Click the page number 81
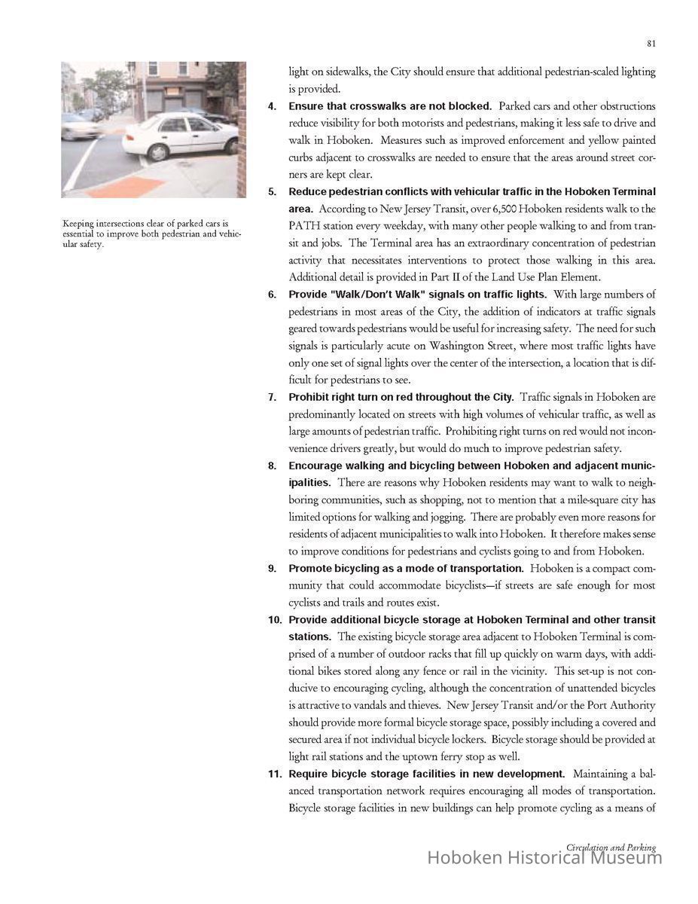[651, 44]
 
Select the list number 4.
[273, 106]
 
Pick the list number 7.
[273, 397]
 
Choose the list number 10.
[274, 620]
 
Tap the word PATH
[306, 226]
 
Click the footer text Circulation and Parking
[611, 847]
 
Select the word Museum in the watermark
[626, 857]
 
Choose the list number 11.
[274, 774]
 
